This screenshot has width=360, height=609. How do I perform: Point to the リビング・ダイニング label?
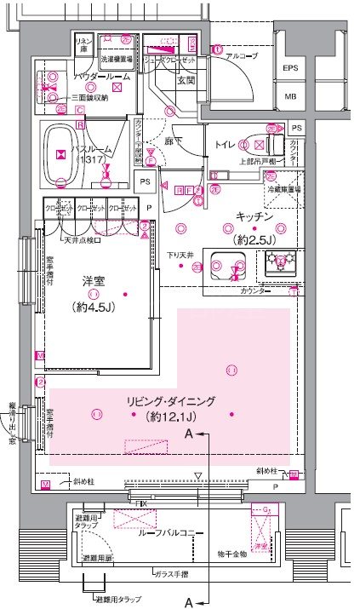160,401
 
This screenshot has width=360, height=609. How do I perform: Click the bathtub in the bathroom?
61,155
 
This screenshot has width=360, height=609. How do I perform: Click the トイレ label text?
226,145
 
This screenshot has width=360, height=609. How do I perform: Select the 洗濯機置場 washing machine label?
117,60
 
